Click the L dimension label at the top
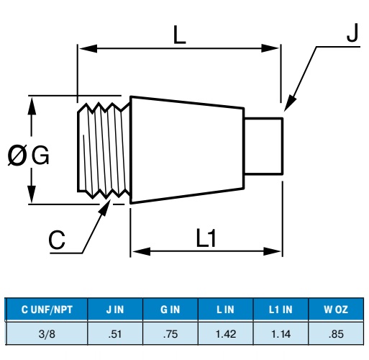tap(179, 35)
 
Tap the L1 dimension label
tap(206, 238)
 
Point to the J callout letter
tap(352, 32)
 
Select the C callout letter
tap(57, 240)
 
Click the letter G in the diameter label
tap(40, 155)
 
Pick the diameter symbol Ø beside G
tap(17, 156)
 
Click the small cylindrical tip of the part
tap(263, 146)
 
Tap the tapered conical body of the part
tap(187, 150)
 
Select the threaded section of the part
tap(104, 151)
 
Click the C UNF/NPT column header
tap(47, 310)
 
